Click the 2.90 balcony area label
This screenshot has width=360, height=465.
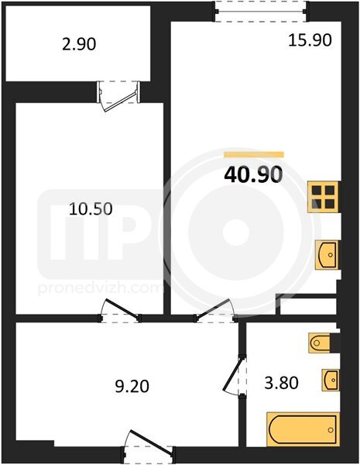(79, 45)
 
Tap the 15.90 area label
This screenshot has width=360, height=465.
(310, 40)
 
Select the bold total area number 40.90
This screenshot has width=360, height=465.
(253, 174)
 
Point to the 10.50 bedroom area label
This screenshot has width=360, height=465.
(91, 208)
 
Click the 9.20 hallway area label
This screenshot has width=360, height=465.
(132, 387)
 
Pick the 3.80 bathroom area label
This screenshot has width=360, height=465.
(281, 383)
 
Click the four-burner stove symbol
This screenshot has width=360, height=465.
(324, 197)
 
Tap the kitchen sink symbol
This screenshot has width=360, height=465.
(327, 255)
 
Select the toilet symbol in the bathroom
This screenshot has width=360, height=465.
(321, 343)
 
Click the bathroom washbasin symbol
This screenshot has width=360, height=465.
(331, 380)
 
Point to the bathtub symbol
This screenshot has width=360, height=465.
(303, 429)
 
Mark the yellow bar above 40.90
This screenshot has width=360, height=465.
(254, 154)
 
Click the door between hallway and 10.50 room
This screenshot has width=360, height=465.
(120, 311)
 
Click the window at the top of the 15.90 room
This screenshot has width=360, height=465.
(262, 12)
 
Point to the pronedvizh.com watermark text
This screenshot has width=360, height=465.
(101, 288)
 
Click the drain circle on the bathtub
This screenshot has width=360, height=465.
(331, 429)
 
